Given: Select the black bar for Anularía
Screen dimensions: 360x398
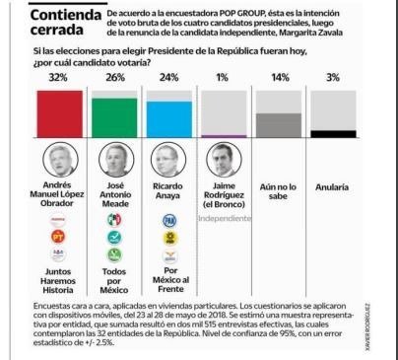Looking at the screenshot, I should (x=335, y=133).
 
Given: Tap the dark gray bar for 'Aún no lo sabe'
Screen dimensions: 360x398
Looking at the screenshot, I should (x=280, y=123).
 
